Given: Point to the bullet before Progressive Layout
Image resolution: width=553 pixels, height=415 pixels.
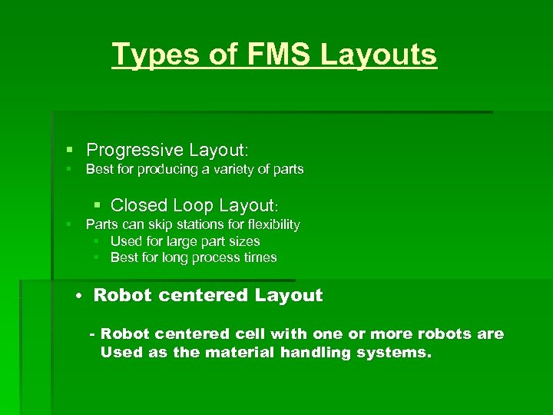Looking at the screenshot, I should tap(69, 149).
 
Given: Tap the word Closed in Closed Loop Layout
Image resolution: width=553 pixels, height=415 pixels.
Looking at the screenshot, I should tap(139, 205).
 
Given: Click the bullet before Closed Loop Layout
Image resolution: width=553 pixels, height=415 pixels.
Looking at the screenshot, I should tap(98, 205).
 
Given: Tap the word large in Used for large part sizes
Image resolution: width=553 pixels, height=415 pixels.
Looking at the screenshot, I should tap(180, 241).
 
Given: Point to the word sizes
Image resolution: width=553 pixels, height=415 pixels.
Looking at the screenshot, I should tap(243, 241).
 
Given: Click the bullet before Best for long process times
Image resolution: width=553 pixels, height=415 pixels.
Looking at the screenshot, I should tap(98, 257).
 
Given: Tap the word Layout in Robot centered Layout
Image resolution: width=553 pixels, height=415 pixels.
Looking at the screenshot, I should tap(289, 295).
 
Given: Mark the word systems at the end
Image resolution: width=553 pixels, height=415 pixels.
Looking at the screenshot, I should tap(399, 353).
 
